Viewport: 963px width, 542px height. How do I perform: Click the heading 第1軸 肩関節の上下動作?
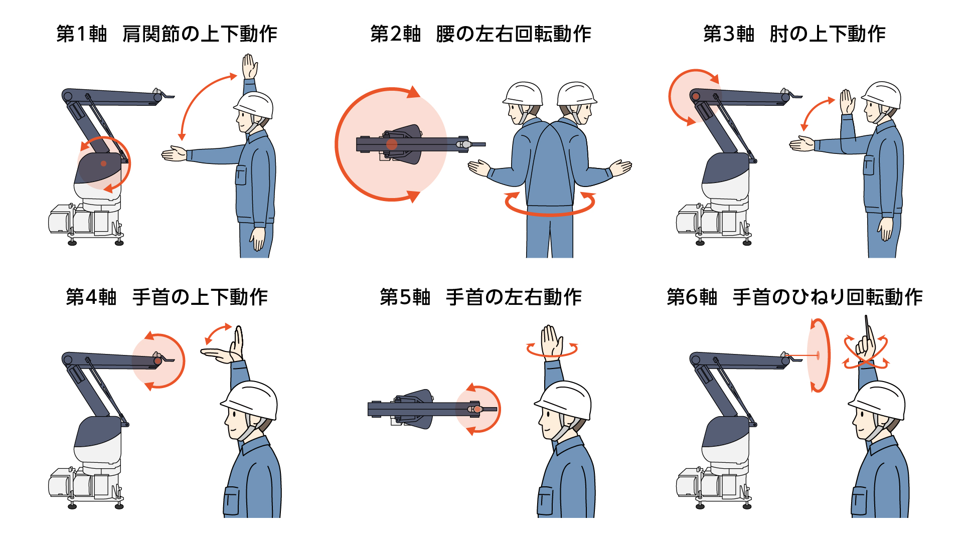pos(167,34)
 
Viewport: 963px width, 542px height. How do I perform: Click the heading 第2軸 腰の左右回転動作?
pos(480,34)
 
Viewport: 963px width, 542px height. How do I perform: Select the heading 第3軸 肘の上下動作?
pos(794,34)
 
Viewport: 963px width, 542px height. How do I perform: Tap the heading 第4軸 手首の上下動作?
pos(167,297)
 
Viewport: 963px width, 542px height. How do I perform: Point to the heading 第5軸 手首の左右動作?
pos(480,297)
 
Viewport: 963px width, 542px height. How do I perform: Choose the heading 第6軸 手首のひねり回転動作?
pos(794,297)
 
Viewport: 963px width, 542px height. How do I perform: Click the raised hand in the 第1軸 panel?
pos(249,67)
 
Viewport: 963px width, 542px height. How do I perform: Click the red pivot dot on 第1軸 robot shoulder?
pos(103,163)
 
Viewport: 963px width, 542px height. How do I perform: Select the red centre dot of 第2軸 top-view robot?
pos(392,144)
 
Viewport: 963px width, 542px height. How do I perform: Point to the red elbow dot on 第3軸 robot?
pos(696,96)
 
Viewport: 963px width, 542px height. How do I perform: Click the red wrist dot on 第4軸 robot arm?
pos(157,360)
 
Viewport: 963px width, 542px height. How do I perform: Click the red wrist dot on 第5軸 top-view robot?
pos(477,409)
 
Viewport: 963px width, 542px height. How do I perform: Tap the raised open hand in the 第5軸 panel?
pos(552,341)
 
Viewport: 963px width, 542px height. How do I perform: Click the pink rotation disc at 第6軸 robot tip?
pos(818,355)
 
